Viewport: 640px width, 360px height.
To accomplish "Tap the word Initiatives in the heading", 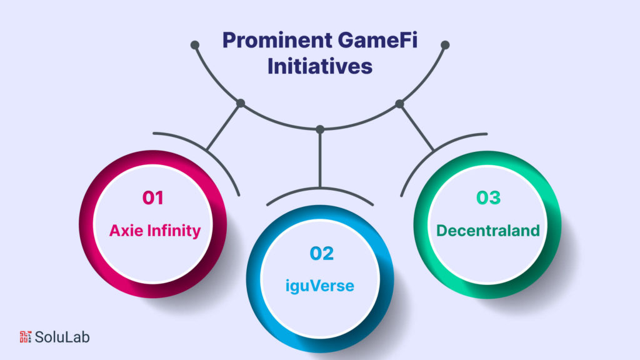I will (320, 66).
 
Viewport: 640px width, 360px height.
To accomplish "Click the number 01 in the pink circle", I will (153, 198).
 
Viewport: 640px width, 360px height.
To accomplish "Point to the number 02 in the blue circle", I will (321, 253).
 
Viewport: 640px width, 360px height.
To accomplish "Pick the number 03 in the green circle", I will (488, 198).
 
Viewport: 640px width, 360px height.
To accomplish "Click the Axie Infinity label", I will (155, 231).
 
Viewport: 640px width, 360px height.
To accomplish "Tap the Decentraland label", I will (488, 231).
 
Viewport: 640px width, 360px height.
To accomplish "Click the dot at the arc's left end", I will (195, 45).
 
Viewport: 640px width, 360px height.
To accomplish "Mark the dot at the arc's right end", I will (446, 45).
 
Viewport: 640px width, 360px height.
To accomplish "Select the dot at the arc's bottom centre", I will (320, 129).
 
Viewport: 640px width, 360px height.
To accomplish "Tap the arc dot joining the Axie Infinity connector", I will (241, 103).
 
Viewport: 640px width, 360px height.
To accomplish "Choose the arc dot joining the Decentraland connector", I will (400, 103).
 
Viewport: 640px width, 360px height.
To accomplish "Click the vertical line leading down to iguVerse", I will (320, 159).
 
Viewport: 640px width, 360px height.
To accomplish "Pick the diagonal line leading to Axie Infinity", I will (224, 126).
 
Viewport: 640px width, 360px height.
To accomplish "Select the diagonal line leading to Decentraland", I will (417, 127).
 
